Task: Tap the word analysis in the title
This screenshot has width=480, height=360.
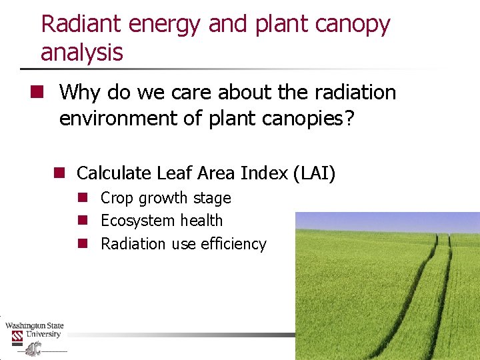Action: click(82, 52)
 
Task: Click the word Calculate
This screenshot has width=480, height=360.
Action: click(114, 173)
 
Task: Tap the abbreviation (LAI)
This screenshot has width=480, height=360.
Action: click(314, 174)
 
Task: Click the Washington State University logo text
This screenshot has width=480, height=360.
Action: click(34, 330)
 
